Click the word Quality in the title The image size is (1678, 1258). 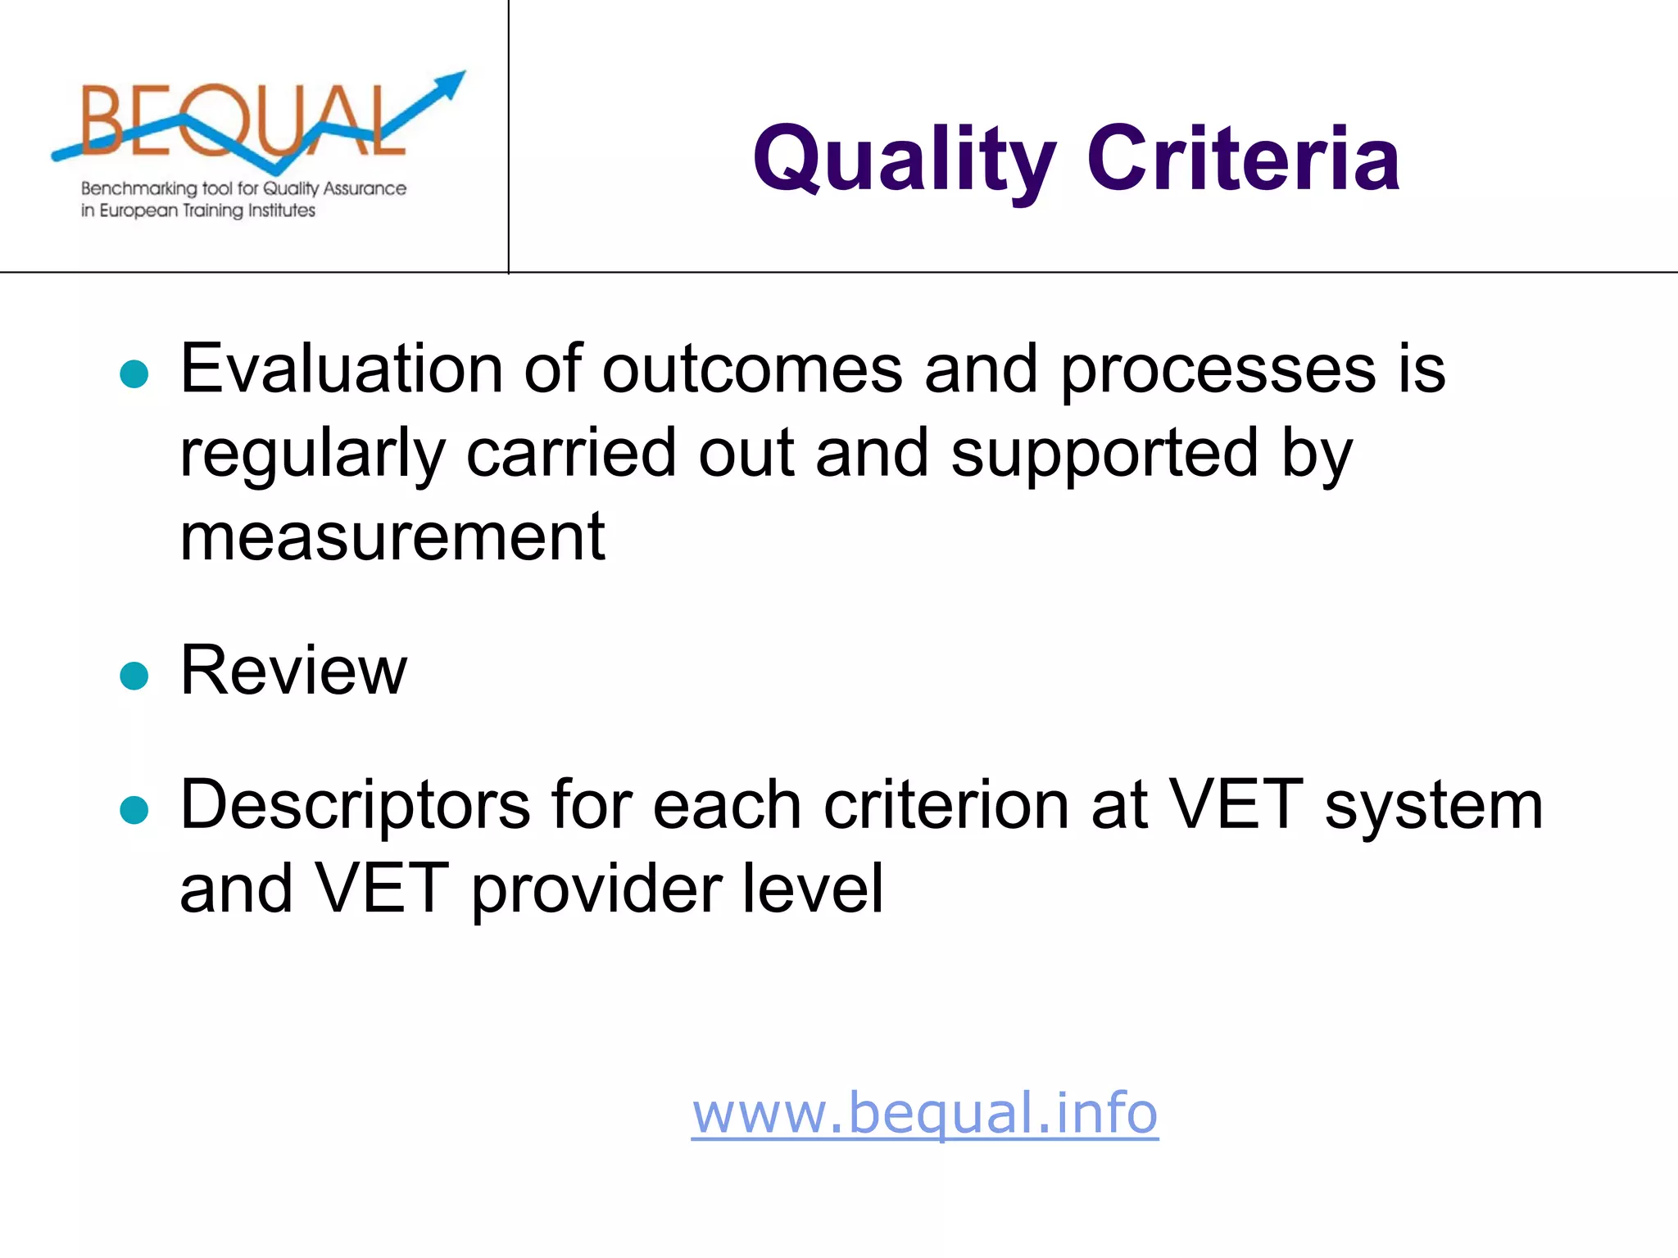click(x=904, y=159)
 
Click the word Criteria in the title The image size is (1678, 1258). click(x=1243, y=159)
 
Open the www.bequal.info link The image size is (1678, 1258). click(x=924, y=1113)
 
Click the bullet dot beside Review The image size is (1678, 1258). click(x=134, y=676)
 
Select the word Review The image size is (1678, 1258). click(x=293, y=671)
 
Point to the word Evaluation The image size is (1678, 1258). click(x=340, y=369)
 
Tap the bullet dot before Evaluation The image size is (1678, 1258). click(x=134, y=374)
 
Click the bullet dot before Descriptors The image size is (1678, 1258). click(x=134, y=810)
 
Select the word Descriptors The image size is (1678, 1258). click(x=355, y=806)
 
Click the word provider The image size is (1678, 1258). click(x=596, y=889)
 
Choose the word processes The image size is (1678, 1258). click(x=1218, y=369)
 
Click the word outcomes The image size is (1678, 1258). click(x=752, y=369)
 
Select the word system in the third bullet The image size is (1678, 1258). click(x=1434, y=806)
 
